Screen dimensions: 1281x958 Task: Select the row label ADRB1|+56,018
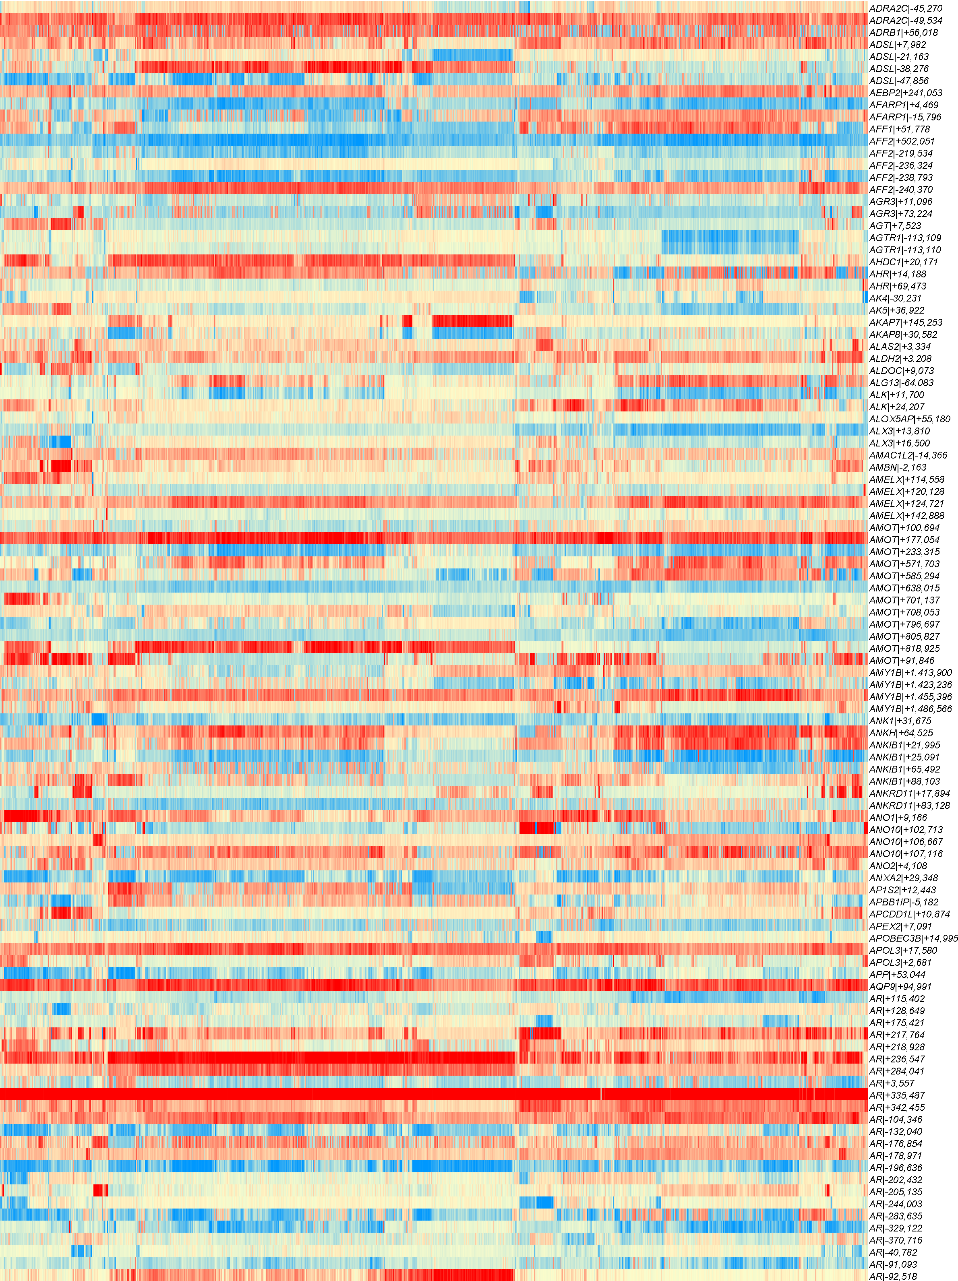tap(903, 33)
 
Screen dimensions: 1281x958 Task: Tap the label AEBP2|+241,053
tap(905, 93)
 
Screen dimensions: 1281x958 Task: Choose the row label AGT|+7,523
tap(895, 226)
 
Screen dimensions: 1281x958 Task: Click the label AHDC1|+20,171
tap(904, 262)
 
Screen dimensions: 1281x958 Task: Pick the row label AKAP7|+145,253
tap(905, 322)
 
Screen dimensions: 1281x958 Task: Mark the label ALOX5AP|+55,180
tap(909, 419)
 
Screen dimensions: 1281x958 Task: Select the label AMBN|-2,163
tap(897, 467)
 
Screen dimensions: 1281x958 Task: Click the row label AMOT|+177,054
tap(904, 540)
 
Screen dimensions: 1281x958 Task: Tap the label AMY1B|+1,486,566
tap(910, 709)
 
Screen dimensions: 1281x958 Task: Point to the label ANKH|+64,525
tap(901, 733)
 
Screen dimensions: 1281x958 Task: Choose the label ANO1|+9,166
tap(898, 818)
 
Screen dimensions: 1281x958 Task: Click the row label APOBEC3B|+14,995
tap(913, 938)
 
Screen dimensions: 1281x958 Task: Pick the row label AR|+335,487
tap(897, 1095)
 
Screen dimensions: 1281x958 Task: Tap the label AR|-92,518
tap(892, 1276)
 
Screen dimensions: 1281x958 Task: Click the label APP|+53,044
tap(897, 975)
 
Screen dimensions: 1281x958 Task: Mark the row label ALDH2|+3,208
tap(900, 358)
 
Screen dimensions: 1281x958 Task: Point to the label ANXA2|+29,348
tap(903, 878)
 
